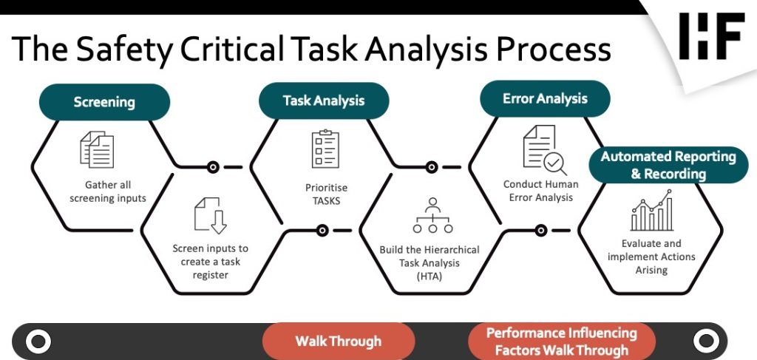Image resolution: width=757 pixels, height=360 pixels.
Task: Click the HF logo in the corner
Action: (x=710, y=36)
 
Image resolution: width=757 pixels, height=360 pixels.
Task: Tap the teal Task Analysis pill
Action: (x=324, y=100)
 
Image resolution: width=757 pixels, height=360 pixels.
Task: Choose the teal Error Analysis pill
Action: (x=545, y=98)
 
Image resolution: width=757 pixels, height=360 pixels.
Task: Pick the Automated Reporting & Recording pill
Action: (x=668, y=165)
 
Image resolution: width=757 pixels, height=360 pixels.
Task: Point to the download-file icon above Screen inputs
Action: (x=210, y=215)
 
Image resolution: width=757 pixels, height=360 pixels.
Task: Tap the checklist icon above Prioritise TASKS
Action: (x=325, y=149)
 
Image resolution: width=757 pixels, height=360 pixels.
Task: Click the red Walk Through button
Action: (x=338, y=341)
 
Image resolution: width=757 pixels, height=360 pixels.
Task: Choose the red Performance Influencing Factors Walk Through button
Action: (x=561, y=341)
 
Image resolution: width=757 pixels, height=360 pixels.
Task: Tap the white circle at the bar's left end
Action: (x=38, y=342)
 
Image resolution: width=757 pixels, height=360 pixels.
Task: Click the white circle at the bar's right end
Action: (x=706, y=341)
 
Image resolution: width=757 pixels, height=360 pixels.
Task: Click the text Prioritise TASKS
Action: (x=323, y=194)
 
